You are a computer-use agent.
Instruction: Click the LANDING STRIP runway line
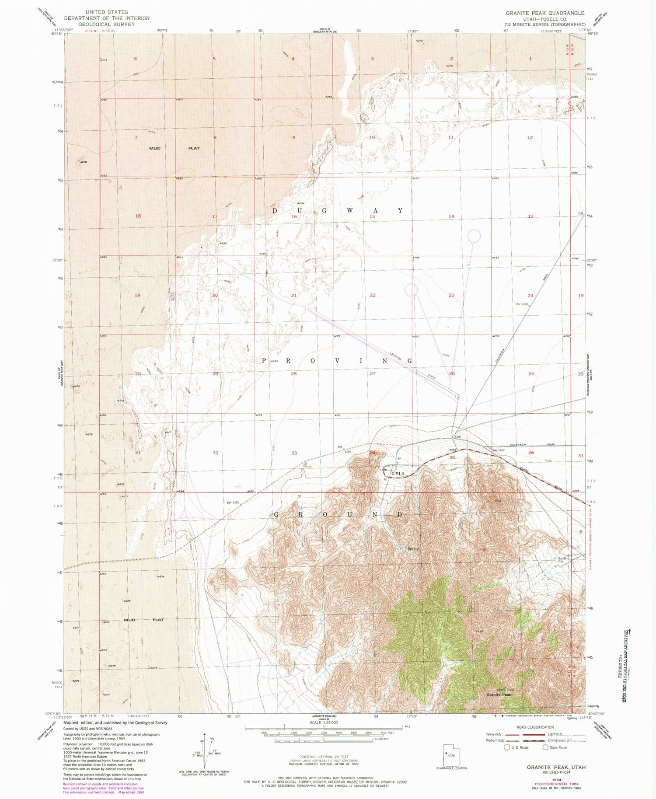383,352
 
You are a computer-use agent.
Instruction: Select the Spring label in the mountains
413,549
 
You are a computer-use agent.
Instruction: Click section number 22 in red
373,295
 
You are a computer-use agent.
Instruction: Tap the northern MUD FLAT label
174,148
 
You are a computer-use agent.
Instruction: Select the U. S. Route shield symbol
508,747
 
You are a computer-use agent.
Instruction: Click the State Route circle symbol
546,747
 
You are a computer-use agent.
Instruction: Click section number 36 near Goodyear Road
531,452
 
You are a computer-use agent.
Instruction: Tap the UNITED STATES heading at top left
107,12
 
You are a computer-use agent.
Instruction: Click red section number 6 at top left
136,59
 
